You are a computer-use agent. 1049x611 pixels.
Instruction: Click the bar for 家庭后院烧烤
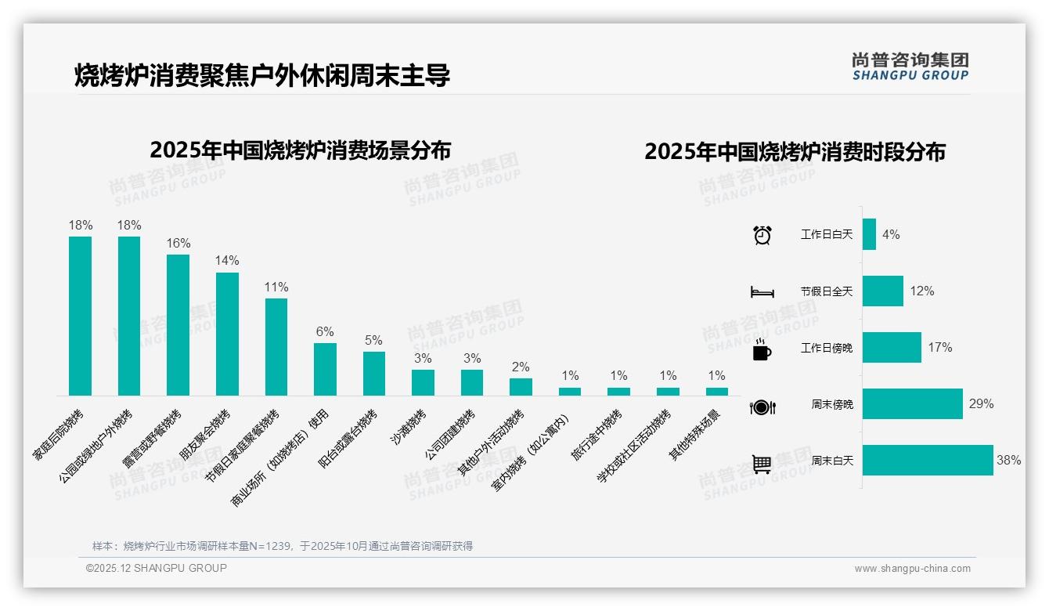tap(80, 316)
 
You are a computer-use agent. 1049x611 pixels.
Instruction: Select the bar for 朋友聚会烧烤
tap(227, 334)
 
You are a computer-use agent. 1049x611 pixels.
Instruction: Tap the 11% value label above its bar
tap(276, 287)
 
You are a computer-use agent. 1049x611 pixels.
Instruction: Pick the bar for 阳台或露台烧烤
tap(374, 373)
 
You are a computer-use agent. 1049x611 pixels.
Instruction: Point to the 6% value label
tap(325, 331)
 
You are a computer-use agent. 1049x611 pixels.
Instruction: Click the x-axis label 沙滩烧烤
tap(408, 428)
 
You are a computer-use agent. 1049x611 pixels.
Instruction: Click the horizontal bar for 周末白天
tap(928, 461)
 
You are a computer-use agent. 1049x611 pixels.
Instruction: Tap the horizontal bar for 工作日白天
tap(869, 234)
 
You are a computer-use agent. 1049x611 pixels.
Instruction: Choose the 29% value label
tap(981, 404)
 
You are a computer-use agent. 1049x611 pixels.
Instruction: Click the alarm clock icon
tap(762, 235)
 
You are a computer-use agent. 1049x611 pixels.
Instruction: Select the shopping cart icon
tap(762, 464)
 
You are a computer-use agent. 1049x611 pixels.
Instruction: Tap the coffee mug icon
tap(762, 350)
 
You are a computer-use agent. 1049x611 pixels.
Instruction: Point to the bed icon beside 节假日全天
tap(762, 292)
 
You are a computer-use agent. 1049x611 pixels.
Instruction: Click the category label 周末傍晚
tap(832, 405)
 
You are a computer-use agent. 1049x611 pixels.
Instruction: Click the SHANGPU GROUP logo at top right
tap(910, 67)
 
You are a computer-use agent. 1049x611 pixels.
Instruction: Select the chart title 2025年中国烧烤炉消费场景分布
tap(300, 150)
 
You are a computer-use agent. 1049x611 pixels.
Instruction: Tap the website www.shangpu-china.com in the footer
tap(912, 569)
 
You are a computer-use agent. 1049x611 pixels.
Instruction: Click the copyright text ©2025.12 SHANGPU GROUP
tap(157, 568)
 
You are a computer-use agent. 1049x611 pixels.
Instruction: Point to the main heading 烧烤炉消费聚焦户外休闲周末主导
tap(262, 76)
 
